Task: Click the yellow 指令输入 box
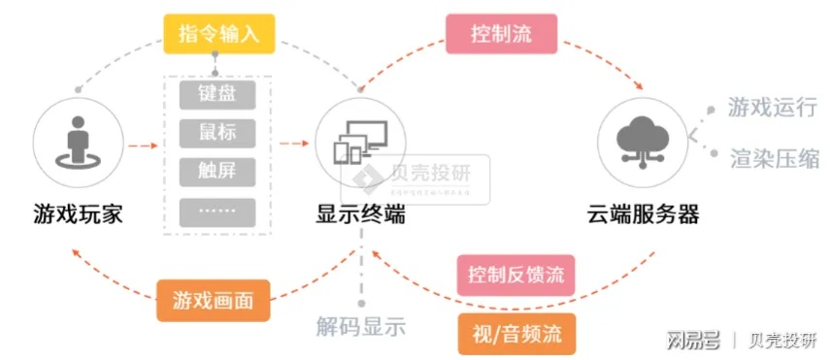219,34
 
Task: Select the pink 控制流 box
501,34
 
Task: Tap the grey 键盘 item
218,94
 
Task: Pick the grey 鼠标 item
218,132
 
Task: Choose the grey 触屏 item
218,170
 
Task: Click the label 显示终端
359,213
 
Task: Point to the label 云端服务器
643,213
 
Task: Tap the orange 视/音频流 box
515,333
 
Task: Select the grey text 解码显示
361,327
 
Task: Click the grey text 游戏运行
773,107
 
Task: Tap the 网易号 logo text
692,339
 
